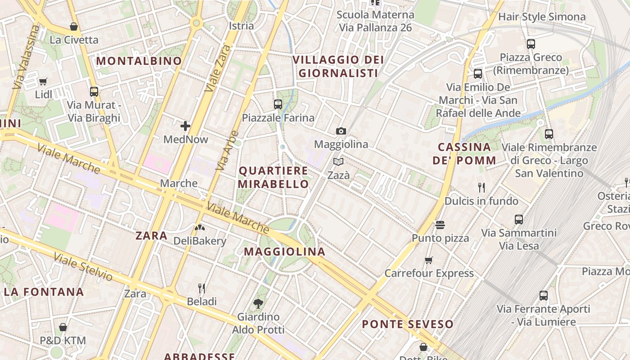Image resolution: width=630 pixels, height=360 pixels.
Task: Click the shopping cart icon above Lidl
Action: point(43,81)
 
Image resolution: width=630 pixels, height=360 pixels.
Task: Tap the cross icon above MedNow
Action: point(185,126)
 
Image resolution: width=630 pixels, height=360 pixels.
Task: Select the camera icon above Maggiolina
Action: point(341,131)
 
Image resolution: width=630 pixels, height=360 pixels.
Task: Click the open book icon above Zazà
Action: point(338,162)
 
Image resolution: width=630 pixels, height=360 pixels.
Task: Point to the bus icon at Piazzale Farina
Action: point(278,104)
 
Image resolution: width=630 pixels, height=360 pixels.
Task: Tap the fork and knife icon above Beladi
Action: point(202,288)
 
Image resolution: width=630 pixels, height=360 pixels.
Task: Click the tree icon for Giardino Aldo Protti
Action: point(258,304)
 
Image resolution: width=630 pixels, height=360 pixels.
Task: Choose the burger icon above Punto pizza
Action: point(440,225)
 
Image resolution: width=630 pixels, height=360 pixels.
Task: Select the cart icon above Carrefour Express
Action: point(429,260)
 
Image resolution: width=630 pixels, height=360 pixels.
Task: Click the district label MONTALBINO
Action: point(139,61)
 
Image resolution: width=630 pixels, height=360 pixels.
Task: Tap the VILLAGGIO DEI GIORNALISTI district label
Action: point(338,66)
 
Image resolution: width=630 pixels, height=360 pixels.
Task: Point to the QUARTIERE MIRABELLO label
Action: point(273,177)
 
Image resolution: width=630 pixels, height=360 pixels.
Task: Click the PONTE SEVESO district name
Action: point(408,324)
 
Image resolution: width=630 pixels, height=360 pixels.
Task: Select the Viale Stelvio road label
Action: point(83,267)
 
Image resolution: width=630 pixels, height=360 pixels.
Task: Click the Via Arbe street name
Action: point(227,151)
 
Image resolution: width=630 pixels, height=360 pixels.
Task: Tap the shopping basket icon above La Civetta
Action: point(74,27)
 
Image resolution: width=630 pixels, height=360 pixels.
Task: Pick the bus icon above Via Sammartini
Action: point(519,220)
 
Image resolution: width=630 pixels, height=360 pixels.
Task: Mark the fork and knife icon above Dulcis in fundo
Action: point(481,187)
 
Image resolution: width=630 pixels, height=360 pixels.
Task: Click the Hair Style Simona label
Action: point(542,17)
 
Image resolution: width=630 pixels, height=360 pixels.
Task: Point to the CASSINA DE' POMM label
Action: point(464,153)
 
